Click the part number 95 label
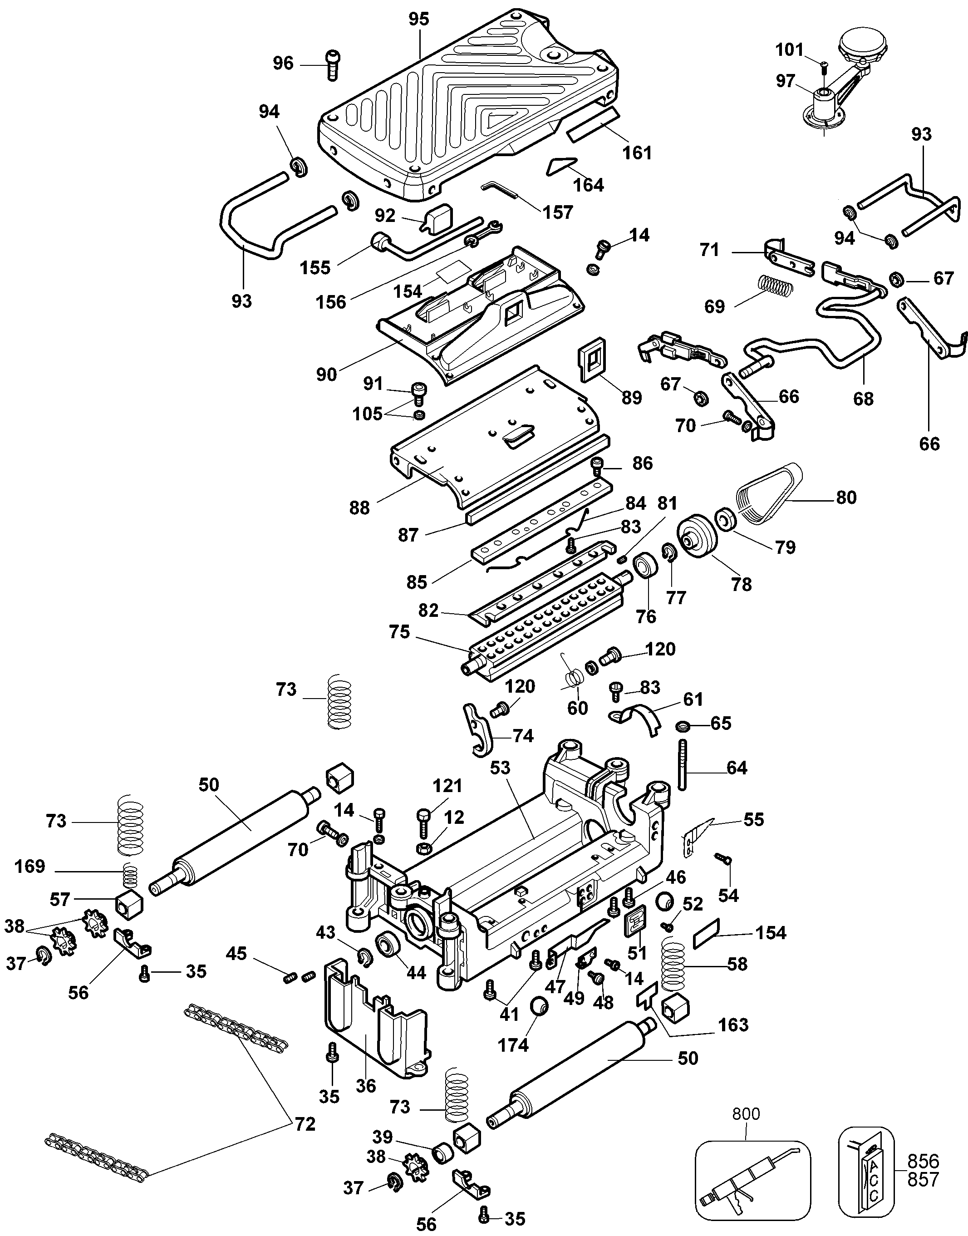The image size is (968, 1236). click(419, 19)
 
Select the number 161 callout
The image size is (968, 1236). click(638, 153)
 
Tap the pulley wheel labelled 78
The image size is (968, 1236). click(698, 538)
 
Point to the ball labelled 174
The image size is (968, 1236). click(539, 1007)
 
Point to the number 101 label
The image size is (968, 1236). click(790, 50)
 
